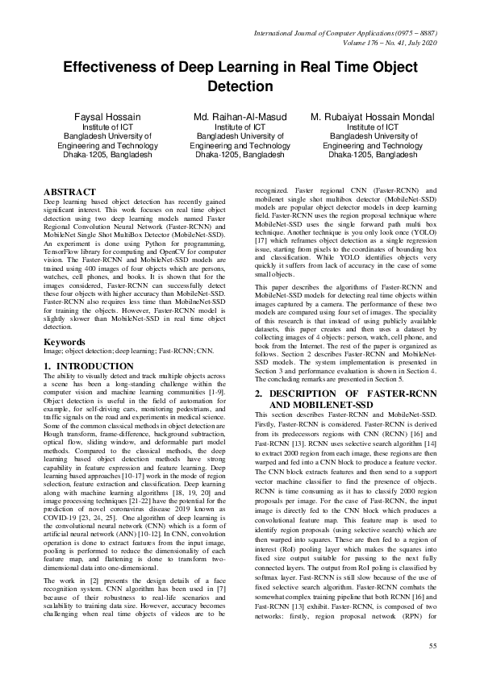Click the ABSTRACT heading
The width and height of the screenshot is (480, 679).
(x=69, y=191)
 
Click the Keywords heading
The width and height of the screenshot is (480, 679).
(x=64, y=342)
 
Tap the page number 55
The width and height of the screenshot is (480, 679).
(x=433, y=646)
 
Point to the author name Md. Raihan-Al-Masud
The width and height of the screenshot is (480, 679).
(x=240, y=117)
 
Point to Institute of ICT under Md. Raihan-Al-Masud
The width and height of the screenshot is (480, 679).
(x=240, y=127)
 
